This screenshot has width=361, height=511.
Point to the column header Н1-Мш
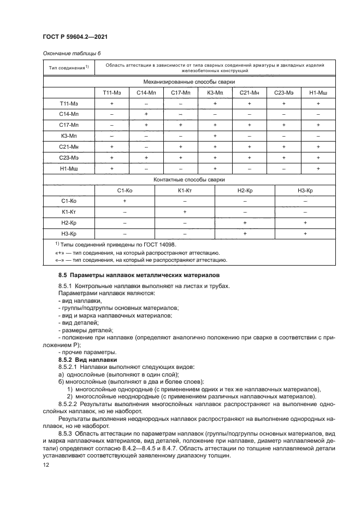318,92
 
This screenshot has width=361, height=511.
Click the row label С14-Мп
69,114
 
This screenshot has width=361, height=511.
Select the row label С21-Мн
69,146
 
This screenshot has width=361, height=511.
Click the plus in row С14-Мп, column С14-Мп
146,114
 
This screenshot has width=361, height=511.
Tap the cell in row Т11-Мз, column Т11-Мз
111,103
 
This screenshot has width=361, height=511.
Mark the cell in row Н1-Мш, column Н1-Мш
318,168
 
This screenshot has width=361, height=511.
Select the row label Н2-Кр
69,223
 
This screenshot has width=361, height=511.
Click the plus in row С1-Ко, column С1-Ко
125,201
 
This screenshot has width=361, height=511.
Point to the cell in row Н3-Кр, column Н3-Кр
305,234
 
